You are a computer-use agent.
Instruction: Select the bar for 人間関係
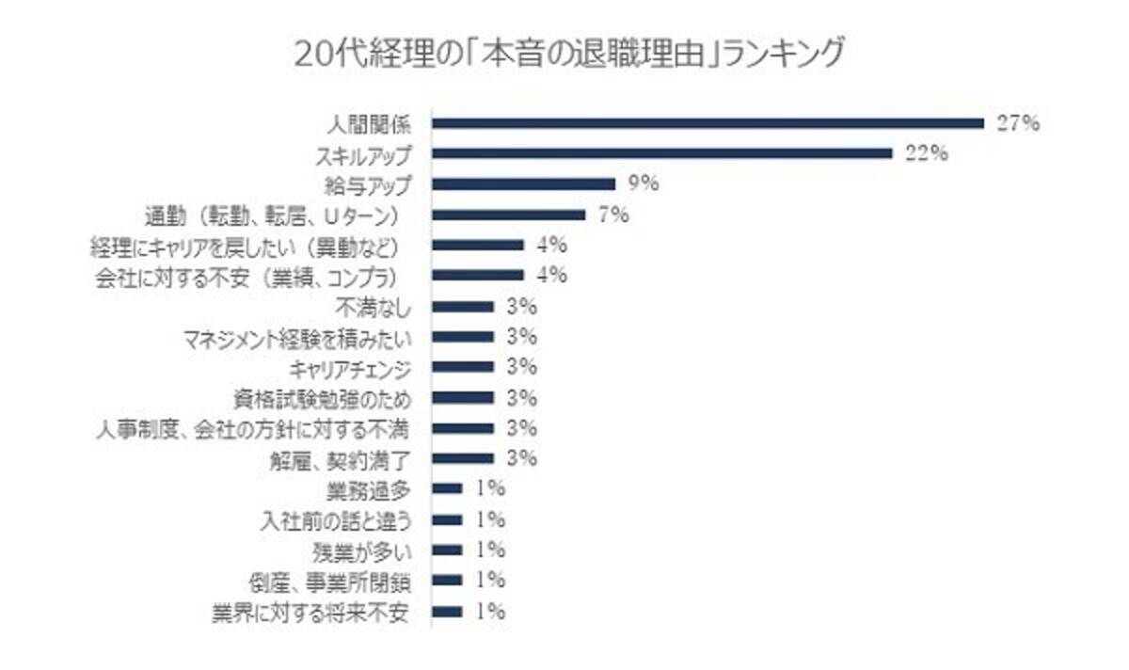707,123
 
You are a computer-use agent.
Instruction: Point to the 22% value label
926,153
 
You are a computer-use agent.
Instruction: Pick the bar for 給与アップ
523,184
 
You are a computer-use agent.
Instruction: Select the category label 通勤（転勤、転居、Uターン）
273,215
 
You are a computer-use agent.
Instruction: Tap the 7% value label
612,215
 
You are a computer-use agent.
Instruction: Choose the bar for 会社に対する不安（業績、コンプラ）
477,276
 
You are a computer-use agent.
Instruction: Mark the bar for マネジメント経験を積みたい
462,337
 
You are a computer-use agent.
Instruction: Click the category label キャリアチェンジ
350,367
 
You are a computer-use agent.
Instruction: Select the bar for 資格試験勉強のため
462,397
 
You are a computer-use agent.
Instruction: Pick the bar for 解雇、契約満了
462,458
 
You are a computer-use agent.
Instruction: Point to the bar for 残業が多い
447,550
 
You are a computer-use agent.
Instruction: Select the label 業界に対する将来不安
310,612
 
